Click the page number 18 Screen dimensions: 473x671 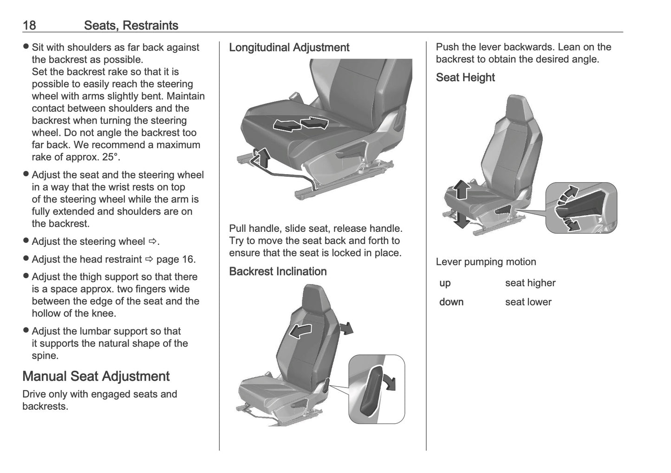tap(29, 25)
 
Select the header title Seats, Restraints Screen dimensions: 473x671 tap(131, 25)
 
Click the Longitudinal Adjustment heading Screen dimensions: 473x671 tap(289, 47)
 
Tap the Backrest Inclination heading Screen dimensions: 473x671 tap(278, 271)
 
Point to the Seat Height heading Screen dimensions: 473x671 tap(465, 78)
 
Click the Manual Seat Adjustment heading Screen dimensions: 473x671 tap(96, 376)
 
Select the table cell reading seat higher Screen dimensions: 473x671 tap(530, 283)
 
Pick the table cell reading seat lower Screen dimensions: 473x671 tap(528, 302)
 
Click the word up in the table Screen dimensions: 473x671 tap(445, 283)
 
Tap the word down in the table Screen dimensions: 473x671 tap(451, 302)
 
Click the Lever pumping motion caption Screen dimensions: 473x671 tap(486, 262)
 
